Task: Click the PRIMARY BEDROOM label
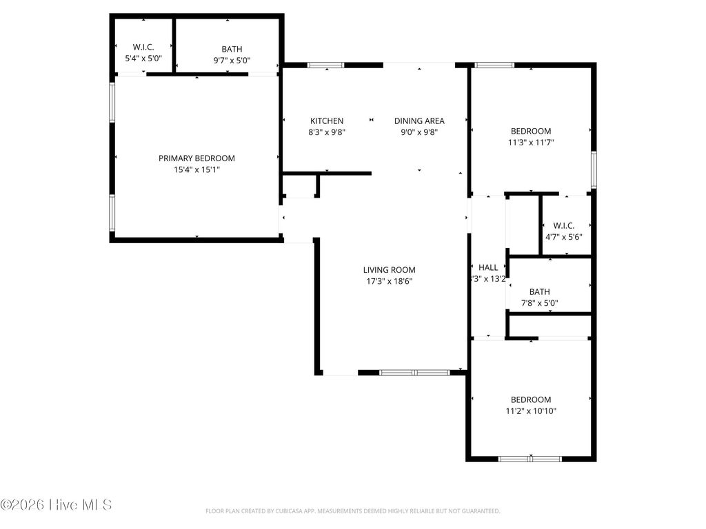196,158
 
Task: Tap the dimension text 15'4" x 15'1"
196,169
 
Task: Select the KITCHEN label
326,121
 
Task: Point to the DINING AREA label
419,121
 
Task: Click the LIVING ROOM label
390,270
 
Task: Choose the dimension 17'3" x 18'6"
390,281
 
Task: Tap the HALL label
488,267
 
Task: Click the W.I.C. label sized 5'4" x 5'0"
143,48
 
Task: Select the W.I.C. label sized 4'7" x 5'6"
564,225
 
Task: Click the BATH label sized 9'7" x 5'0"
232,49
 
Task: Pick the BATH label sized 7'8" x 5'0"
539,291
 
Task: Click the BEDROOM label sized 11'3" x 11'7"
531,131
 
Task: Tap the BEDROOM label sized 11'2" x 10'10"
531,400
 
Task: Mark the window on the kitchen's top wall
325,65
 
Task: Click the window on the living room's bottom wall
414,373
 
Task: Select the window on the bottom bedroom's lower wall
529,458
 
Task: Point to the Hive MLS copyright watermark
56,505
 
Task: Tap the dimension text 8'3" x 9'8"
326,132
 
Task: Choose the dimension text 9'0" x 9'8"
419,132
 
